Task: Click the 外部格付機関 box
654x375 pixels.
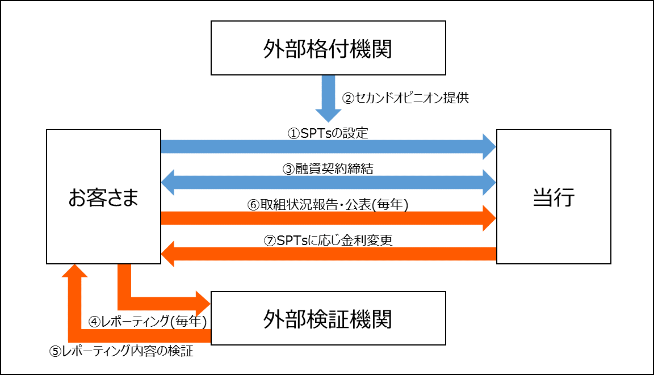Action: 328,49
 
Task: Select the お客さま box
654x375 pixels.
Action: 103,196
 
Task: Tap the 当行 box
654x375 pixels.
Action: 554,196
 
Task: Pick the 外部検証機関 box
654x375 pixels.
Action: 328,318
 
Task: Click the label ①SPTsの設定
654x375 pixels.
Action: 328,134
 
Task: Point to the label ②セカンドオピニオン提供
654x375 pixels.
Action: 405,98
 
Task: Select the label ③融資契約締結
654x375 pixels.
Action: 328,168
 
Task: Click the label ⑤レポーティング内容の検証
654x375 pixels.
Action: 121,351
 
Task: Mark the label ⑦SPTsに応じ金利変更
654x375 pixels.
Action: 328,240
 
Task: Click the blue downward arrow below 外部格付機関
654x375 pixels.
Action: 328,98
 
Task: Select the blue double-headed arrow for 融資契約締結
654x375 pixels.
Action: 328,182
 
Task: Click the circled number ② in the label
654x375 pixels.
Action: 347,98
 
